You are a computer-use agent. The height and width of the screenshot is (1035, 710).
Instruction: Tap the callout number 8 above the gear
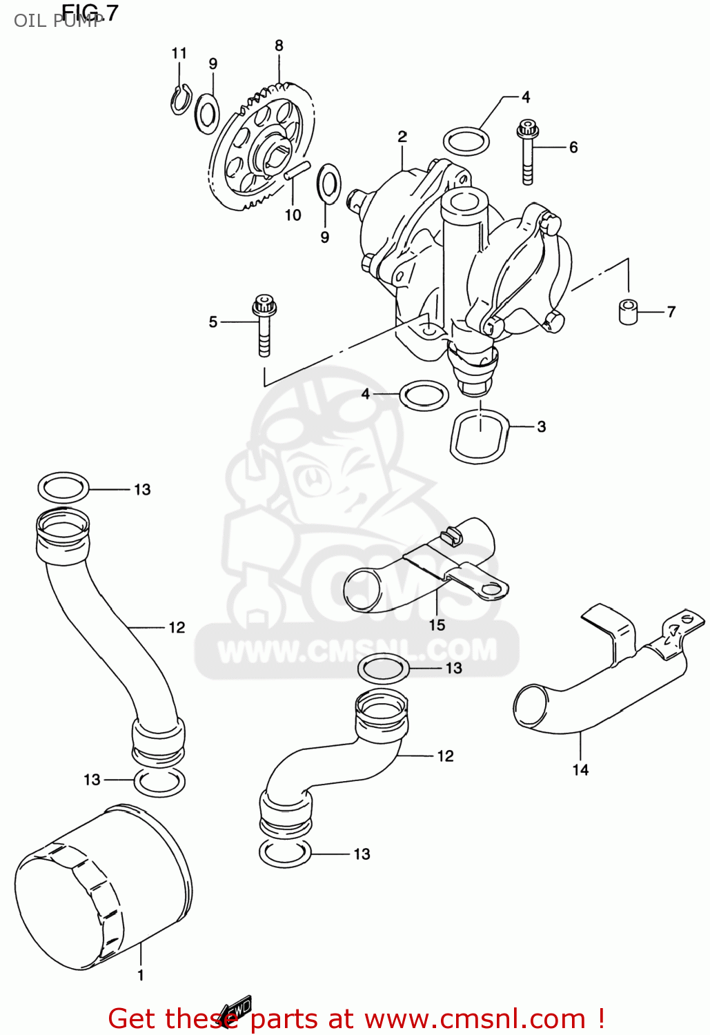pos(279,46)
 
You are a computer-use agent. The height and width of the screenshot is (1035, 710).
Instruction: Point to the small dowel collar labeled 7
pos(628,311)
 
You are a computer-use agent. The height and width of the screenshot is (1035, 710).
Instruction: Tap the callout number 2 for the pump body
pos(402,137)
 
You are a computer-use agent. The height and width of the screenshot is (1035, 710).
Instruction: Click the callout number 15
pos(437,625)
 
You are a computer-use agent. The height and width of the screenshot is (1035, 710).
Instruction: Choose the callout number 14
pos(580,769)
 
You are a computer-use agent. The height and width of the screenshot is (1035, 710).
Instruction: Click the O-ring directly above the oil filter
pos(159,782)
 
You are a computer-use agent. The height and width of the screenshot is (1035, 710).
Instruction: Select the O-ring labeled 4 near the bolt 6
pos(466,141)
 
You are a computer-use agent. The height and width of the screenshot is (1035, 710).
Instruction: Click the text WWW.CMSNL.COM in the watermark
pos(357,651)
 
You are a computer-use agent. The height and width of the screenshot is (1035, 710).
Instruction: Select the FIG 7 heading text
pos(90,12)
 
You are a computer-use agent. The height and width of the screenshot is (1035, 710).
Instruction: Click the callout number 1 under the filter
pos(141,975)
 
